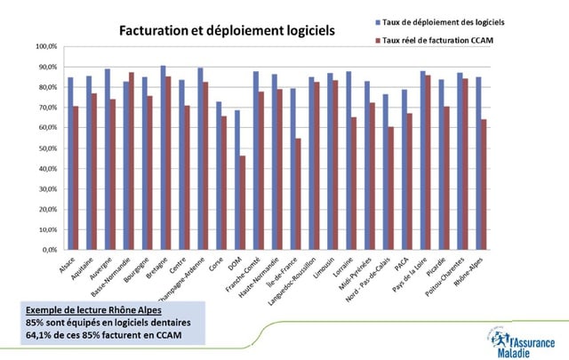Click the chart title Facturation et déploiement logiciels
[x=228, y=30]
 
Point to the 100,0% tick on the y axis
[x=47, y=46]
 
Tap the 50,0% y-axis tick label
[x=48, y=148]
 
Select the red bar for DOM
[x=243, y=203]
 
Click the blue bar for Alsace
[x=70, y=164]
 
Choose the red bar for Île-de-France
[x=299, y=194]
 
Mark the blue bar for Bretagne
[x=164, y=157]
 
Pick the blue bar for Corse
[x=219, y=175]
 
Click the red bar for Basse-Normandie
[x=132, y=161]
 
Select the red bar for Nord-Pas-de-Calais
[x=391, y=188]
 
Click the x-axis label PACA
[x=405, y=263]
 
